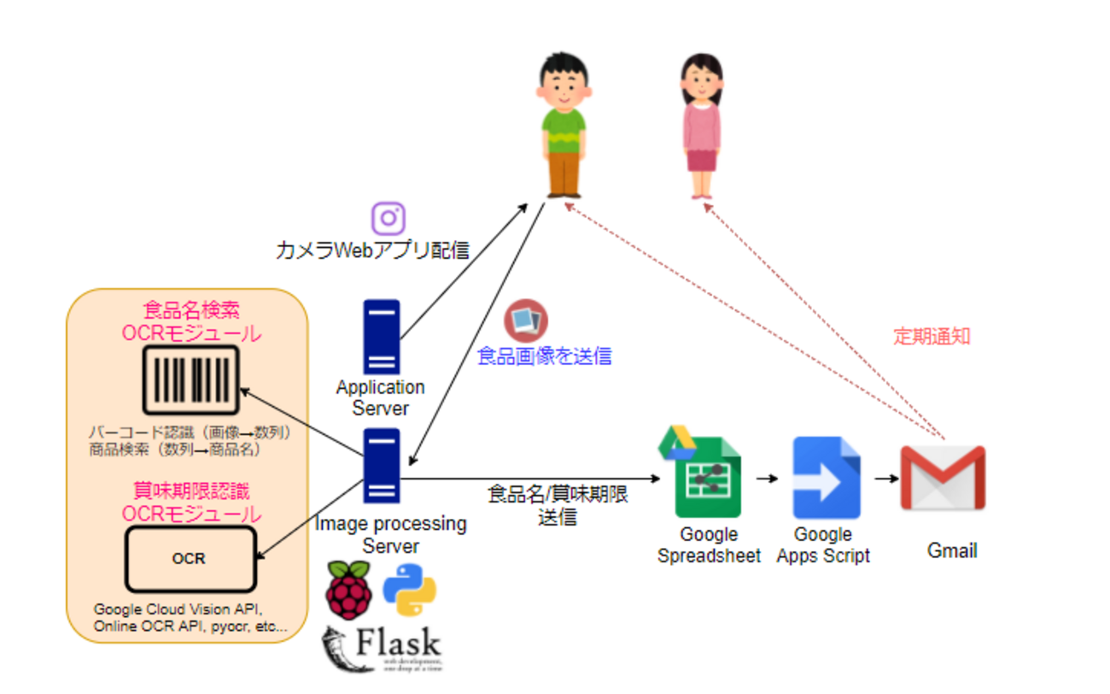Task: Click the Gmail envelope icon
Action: (x=943, y=478)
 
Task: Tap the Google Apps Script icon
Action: (x=826, y=478)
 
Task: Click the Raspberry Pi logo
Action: (x=348, y=591)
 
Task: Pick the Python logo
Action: (x=409, y=591)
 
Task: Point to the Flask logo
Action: (x=381, y=649)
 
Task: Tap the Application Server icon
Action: (x=381, y=336)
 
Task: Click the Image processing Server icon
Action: (x=382, y=466)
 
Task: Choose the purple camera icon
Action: (x=388, y=218)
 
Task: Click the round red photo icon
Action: (x=525, y=321)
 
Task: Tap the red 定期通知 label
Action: (x=932, y=336)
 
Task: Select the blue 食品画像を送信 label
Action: (x=544, y=356)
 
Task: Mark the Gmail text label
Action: (x=952, y=550)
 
